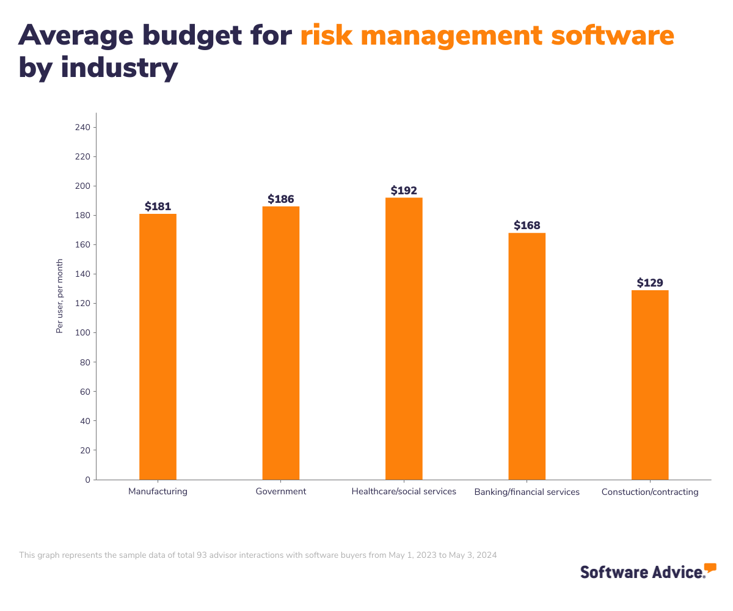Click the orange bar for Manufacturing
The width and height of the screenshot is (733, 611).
[x=158, y=346]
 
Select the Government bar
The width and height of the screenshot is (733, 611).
[x=281, y=343]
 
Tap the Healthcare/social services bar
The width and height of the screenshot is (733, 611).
[x=404, y=338]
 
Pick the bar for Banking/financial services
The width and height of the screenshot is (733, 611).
[x=527, y=356]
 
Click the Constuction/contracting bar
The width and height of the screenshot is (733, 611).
[x=650, y=385]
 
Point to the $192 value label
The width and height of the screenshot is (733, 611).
[x=404, y=191]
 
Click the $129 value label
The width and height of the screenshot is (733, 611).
[x=650, y=283]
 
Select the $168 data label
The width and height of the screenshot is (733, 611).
[x=527, y=225]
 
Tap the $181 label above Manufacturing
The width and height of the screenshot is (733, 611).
[x=158, y=207]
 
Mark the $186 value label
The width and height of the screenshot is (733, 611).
[x=281, y=199]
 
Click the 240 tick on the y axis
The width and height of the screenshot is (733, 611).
[x=82, y=127]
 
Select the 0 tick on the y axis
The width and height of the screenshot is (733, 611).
[x=87, y=480]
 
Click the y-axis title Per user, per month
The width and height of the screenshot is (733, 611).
[x=60, y=296]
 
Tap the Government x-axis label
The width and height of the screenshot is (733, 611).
[x=281, y=491]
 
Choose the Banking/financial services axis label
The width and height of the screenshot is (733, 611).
[x=527, y=492]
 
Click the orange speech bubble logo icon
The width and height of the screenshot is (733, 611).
[x=710, y=568]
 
